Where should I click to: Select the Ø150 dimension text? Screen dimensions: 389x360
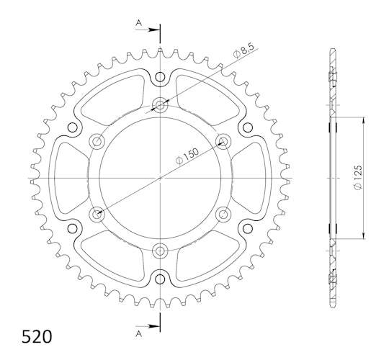coord(187,156)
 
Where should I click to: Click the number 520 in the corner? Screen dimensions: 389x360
coord(37,337)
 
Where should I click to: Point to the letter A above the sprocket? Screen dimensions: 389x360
coord(139,23)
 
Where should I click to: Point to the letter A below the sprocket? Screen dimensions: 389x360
coord(139,334)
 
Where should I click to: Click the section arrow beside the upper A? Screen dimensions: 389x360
coord(148,30)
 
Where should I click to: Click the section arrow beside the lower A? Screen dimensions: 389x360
coord(148,326)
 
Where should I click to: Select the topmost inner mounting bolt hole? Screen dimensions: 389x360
coord(160,105)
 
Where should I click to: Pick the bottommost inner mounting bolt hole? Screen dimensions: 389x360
coord(160,251)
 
